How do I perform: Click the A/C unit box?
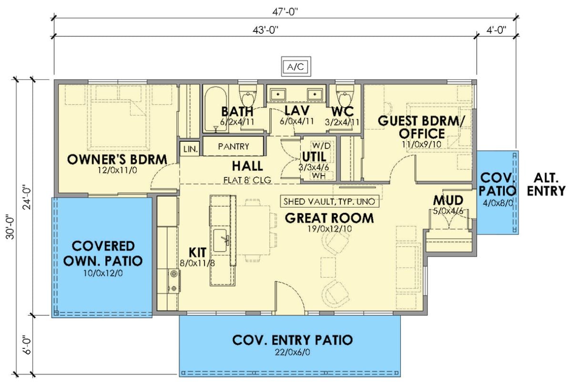(x=295, y=67)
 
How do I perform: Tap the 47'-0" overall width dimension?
(x=286, y=11)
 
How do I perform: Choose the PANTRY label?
(x=233, y=146)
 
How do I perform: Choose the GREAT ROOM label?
(x=329, y=218)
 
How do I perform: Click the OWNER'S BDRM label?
(x=116, y=159)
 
